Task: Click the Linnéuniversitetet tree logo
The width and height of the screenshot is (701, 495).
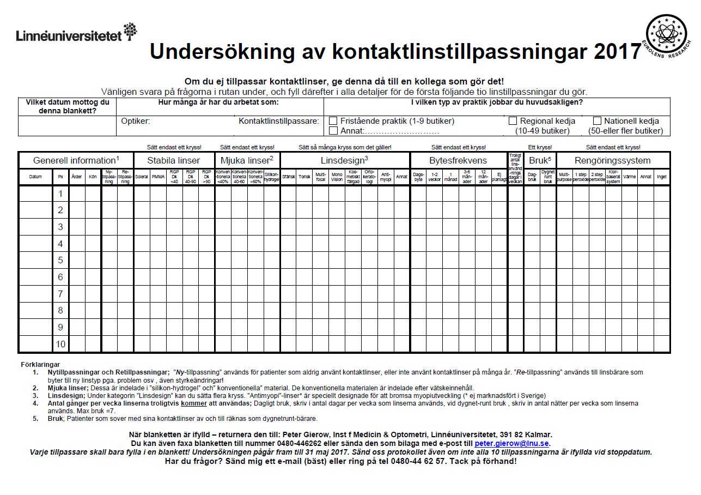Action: (x=130, y=32)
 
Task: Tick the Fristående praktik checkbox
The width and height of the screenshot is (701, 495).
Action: (x=333, y=121)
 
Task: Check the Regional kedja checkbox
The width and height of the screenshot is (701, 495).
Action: (x=513, y=121)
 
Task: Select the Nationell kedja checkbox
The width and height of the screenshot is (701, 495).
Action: (x=597, y=121)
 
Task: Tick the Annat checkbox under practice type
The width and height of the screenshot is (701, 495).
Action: (x=333, y=131)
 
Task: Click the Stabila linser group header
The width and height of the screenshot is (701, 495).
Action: (x=174, y=160)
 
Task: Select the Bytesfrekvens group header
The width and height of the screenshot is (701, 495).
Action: (x=458, y=160)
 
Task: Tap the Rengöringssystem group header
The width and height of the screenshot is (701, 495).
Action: (x=613, y=160)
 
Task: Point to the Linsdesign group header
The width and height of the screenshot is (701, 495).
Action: (x=344, y=160)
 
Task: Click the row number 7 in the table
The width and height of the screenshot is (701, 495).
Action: (x=60, y=294)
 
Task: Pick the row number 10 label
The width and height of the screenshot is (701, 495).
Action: (x=60, y=344)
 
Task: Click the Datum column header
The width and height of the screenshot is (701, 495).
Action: (x=35, y=177)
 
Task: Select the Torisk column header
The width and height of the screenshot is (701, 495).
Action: (x=304, y=177)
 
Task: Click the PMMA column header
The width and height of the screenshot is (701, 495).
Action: (x=158, y=177)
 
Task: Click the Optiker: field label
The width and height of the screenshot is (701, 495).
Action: (x=136, y=121)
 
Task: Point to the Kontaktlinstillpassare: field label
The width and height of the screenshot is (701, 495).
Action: (x=278, y=121)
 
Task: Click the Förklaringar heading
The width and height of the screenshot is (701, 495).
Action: (x=40, y=364)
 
